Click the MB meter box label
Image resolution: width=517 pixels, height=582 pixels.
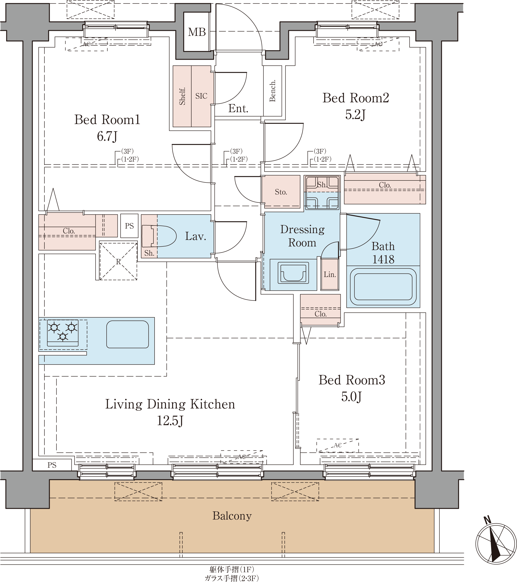tap(197, 32)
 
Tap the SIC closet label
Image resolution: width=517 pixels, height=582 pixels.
tap(201, 96)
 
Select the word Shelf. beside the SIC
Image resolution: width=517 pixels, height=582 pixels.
tap(182, 96)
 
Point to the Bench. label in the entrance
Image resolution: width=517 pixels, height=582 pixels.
tap(272, 91)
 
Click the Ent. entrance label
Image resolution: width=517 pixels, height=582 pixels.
tap(238, 109)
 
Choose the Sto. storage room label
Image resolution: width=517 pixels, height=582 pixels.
tap(281, 192)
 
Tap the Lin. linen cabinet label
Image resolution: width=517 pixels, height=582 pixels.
tap(330, 275)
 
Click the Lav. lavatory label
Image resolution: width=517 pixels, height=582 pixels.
tap(195, 236)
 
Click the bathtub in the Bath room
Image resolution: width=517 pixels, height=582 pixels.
tap(383, 287)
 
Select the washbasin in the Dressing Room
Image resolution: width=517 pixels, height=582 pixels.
tap(293, 273)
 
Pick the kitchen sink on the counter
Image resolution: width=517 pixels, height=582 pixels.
tap(128, 334)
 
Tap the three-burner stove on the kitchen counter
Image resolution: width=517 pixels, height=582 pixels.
tap(63, 333)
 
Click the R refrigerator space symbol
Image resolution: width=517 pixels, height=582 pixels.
tap(118, 261)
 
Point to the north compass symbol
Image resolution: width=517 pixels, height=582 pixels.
tap(496, 545)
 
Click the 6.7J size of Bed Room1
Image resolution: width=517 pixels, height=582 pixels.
tap(107, 136)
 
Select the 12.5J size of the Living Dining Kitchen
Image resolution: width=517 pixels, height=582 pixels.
tap(170, 421)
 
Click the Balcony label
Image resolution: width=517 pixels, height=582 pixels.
tap(232, 516)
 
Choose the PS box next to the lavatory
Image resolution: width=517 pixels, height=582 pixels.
tap(129, 226)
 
